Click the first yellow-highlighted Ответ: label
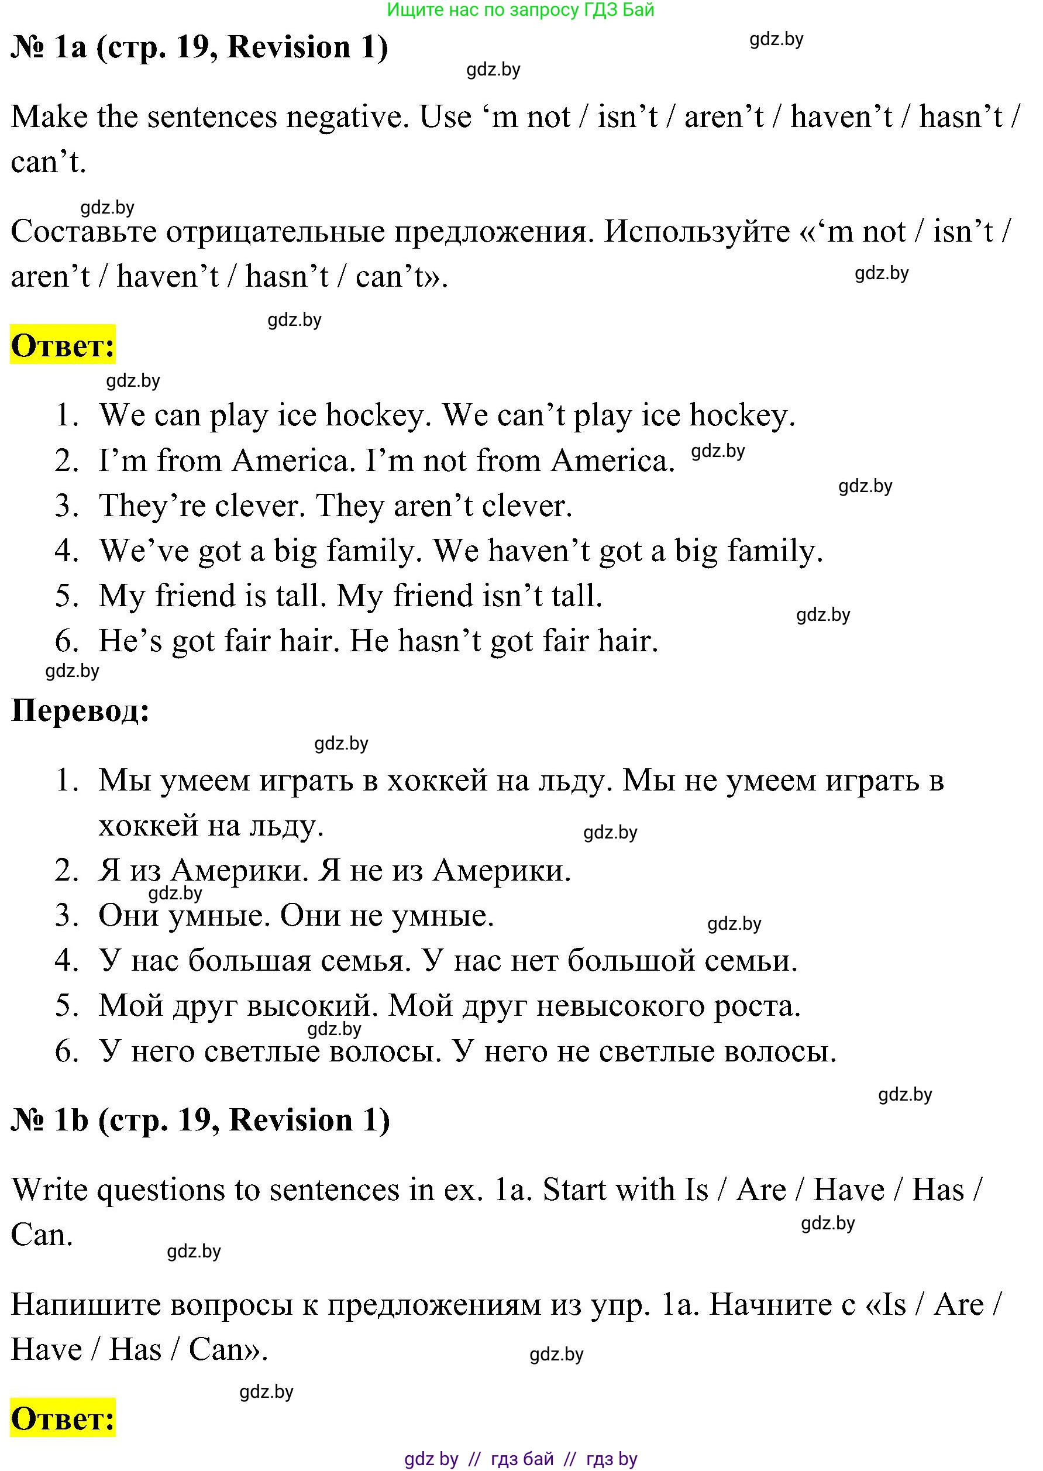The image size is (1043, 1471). [63, 345]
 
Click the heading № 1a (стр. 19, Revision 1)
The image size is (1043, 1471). [199, 47]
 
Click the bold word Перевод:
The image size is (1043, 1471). [80, 710]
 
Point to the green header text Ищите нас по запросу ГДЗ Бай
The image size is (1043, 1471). [521, 9]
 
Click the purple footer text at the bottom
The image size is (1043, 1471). [521, 1459]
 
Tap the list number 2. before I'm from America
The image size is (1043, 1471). [67, 460]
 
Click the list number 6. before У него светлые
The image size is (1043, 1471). [67, 1051]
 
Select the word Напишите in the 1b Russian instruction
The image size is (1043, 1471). [81, 1304]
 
